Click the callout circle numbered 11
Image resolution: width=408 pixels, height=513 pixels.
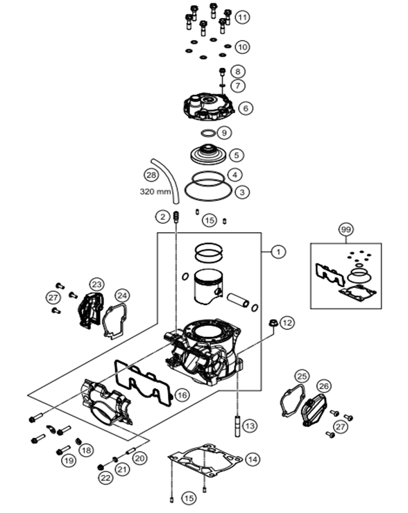(242, 17)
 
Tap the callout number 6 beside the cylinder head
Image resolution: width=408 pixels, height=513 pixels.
(246, 108)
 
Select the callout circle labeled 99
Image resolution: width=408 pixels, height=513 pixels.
(346, 229)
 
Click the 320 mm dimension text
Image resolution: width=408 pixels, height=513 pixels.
(155, 191)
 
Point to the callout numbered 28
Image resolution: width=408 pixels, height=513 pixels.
(151, 175)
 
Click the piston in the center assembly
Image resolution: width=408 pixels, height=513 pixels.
(208, 286)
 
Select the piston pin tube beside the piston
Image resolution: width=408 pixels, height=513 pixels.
(239, 300)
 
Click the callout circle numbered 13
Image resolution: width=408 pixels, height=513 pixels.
(250, 426)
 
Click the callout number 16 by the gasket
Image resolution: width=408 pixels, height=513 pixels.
(182, 395)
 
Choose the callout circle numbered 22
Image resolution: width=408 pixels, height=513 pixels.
(105, 478)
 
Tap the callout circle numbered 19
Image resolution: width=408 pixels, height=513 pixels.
(69, 460)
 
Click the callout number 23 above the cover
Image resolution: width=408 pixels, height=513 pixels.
(96, 285)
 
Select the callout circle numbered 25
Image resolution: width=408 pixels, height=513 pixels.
(302, 376)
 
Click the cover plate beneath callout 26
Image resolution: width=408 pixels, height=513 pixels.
(314, 410)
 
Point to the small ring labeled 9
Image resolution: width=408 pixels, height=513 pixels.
(208, 133)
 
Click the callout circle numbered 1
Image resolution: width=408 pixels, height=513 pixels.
(278, 252)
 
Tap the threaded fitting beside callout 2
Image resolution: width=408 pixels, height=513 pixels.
(176, 216)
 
